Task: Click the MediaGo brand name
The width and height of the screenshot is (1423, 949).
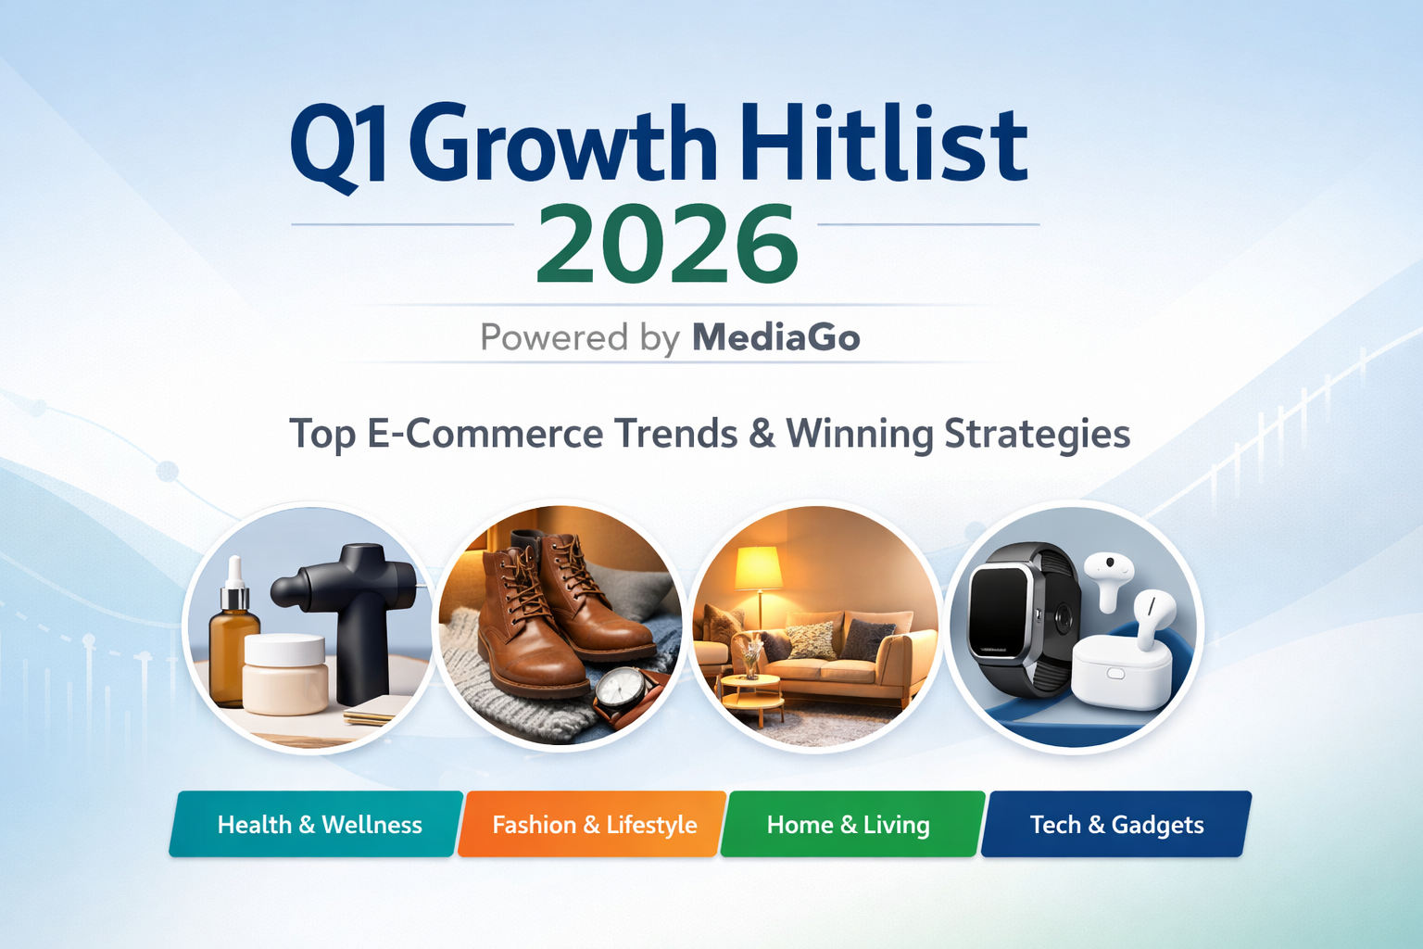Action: [x=775, y=337]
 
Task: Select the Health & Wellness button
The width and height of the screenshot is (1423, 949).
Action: [x=319, y=824]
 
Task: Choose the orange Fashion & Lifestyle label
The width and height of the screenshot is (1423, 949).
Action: [x=594, y=824]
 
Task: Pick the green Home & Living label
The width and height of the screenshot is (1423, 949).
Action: [x=848, y=824]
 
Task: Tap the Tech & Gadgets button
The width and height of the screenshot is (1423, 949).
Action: [x=1116, y=824]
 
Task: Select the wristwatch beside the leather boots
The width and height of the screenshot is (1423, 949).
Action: [x=619, y=690]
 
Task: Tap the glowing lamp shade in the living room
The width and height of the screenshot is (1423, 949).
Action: [x=758, y=567]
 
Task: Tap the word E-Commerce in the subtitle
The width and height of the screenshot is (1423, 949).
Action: [x=485, y=434]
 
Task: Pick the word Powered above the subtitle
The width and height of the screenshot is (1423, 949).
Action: [x=554, y=337]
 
